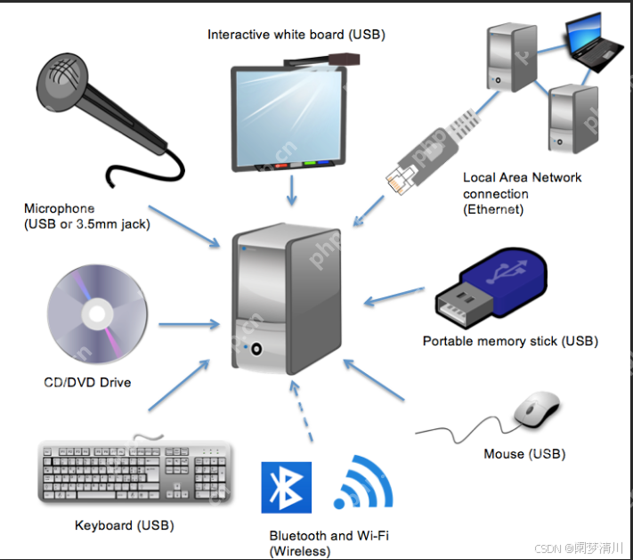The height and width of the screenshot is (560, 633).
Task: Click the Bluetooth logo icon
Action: pyautogui.click(x=287, y=488)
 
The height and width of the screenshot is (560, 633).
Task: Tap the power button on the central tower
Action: pyautogui.click(x=258, y=347)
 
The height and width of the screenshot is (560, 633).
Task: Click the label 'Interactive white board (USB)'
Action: pyautogui.click(x=296, y=35)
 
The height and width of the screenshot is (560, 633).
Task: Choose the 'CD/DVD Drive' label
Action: pyautogui.click(x=87, y=383)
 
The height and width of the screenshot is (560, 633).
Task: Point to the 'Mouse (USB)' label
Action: pyautogui.click(x=524, y=454)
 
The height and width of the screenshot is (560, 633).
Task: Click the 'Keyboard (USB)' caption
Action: pyautogui.click(x=124, y=525)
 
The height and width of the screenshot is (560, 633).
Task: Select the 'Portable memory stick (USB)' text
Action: pyautogui.click(x=510, y=341)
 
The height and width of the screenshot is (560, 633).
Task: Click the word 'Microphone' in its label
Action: pyautogui.click(x=60, y=208)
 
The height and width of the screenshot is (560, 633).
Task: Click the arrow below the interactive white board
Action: pyautogui.click(x=293, y=190)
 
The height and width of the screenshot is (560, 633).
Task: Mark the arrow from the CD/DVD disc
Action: pyautogui.click(x=189, y=325)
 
